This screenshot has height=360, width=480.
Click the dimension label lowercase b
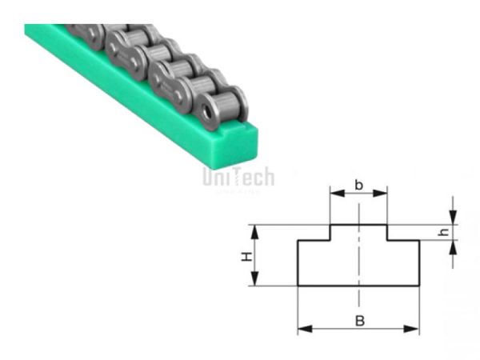tap(358, 186)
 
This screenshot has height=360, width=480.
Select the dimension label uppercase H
tap(246, 256)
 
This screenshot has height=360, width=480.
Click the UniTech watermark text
tap(238, 178)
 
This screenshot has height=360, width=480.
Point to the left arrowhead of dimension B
tap(302, 329)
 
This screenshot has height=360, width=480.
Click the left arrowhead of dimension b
tap(335, 194)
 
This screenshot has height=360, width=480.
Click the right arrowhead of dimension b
tap(383, 194)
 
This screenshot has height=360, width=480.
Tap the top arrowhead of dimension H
tap(256, 230)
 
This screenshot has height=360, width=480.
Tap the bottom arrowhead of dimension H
tap(256, 281)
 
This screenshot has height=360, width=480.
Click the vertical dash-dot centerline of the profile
tap(359, 264)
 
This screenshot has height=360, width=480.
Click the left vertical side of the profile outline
tap(298, 264)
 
